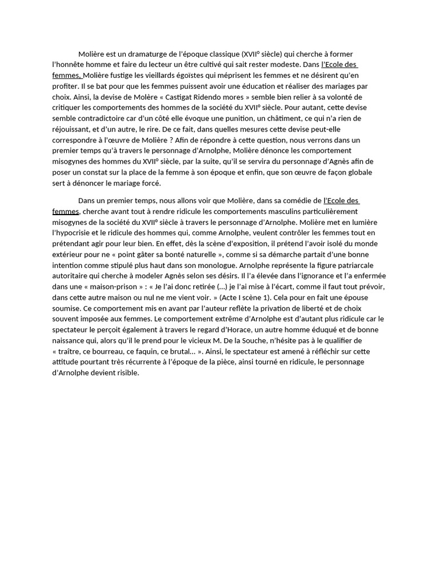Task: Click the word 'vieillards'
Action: coord(162,76)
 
